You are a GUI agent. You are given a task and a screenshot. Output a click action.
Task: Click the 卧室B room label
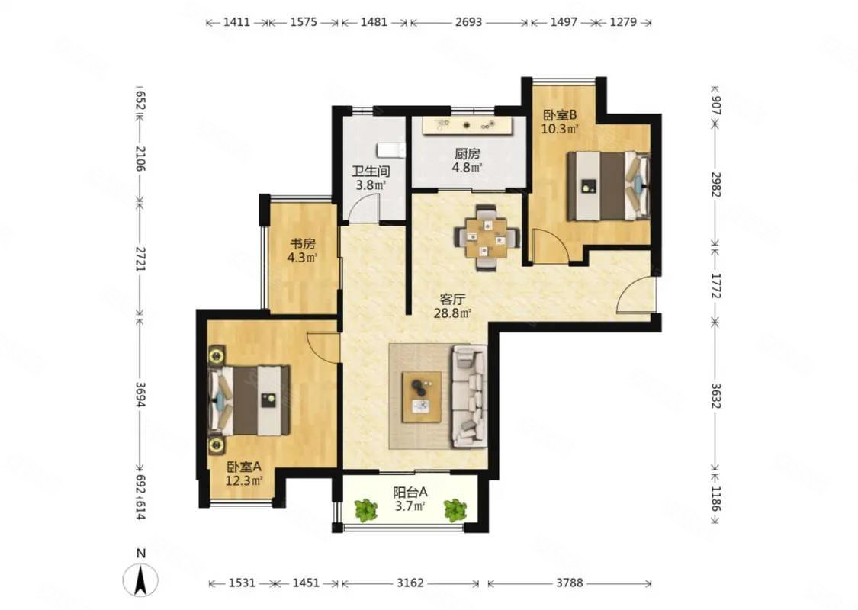click(561, 115)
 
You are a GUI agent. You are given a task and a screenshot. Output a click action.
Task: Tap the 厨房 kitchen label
click(467, 154)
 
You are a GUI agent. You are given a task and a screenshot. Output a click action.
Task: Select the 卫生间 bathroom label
click(371, 172)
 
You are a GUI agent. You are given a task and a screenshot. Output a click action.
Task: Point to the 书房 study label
click(303, 243)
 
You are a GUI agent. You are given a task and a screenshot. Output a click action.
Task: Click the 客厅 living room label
click(452, 299)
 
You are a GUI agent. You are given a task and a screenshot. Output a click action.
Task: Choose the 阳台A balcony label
click(410, 492)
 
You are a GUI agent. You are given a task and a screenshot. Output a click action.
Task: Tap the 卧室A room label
click(244, 467)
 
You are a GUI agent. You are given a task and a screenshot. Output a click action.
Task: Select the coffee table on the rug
click(422, 396)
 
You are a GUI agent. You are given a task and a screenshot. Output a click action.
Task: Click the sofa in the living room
click(470, 396)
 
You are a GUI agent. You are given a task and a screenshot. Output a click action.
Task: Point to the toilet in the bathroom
click(390, 149)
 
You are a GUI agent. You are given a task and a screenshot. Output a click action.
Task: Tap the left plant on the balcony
click(365, 509)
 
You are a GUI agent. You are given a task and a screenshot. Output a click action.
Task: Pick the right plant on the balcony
click(455, 509)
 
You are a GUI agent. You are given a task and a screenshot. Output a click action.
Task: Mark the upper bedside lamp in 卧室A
click(217, 356)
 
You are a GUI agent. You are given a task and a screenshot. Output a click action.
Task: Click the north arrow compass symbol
click(141, 578)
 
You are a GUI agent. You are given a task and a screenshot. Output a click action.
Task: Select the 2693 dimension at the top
click(468, 22)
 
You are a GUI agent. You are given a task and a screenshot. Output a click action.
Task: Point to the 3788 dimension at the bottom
click(570, 583)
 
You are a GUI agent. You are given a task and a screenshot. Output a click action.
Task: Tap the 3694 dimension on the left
click(140, 394)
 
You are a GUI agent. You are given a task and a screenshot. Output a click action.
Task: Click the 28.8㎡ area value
click(452, 313)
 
